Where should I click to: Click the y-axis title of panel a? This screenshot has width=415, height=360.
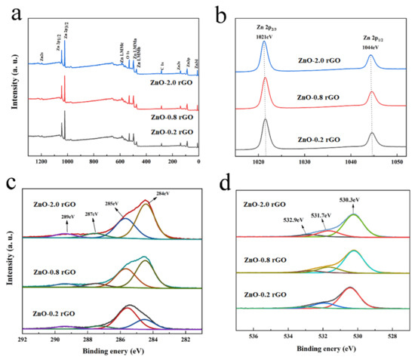tap(9, 83)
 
